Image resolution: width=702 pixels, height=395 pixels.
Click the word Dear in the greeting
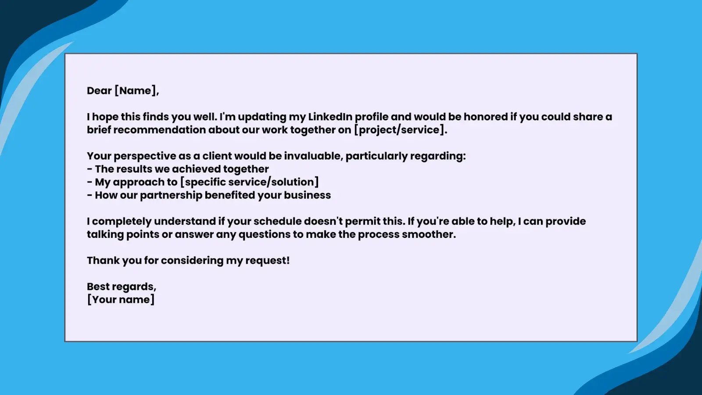[99, 90]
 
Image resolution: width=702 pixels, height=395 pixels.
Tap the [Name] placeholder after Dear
[136, 90]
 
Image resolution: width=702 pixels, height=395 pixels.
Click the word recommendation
[160, 130]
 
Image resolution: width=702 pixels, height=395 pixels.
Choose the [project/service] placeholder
[401, 130]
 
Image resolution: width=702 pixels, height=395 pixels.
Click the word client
[217, 156]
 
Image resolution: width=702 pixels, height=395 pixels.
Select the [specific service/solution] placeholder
[250, 182]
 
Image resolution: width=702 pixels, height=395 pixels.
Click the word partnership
[171, 195]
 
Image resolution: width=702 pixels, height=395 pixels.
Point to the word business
[308, 195]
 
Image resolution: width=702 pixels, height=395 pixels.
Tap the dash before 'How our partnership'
[90, 195]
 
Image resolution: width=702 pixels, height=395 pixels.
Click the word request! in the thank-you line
[267, 261]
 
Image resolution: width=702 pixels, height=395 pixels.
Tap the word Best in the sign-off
[97, 287]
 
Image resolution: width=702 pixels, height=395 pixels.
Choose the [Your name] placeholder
[121, 300]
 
